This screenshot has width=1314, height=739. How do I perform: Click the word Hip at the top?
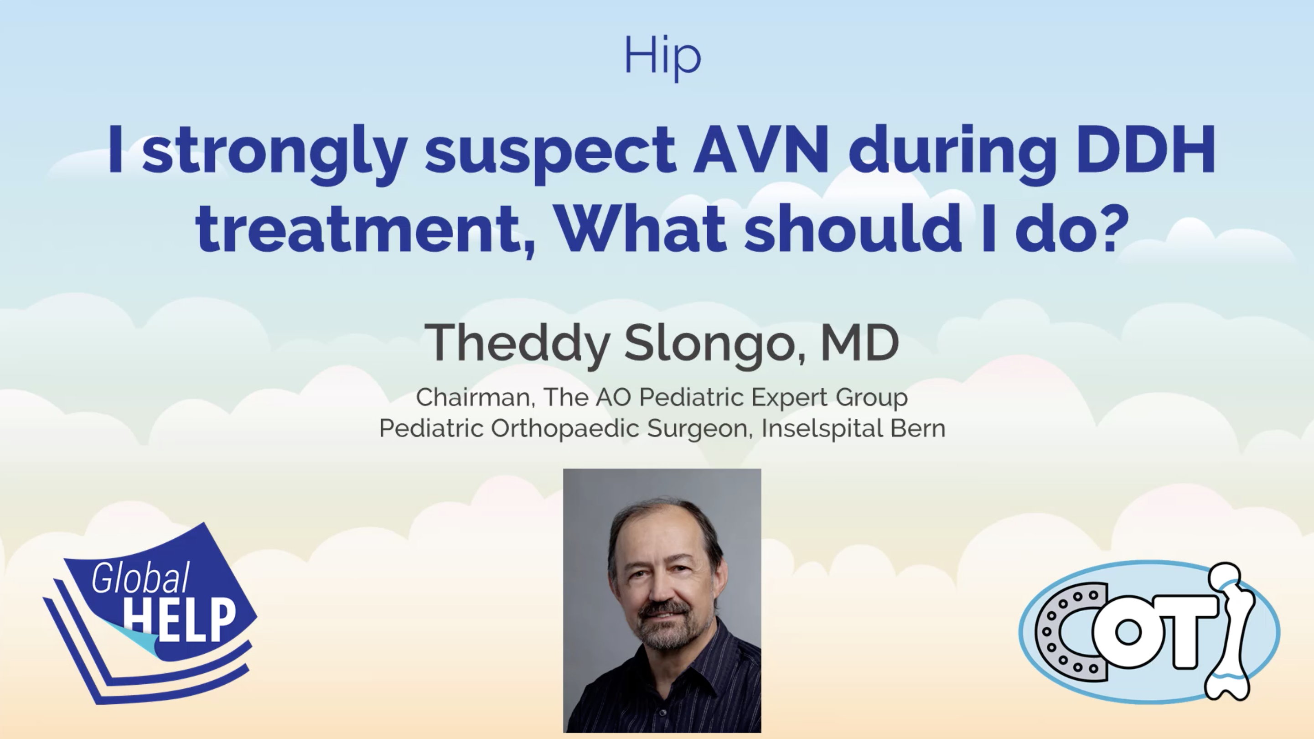tap(662, 57)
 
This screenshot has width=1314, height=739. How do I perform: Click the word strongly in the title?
tap(274, 153)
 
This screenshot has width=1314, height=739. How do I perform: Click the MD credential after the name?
tap(859, 343)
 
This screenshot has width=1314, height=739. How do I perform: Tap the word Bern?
tap(918, 428)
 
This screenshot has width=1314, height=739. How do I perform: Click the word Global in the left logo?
tap(141, 578)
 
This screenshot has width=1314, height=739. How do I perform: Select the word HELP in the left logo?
tap(180, 620)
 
